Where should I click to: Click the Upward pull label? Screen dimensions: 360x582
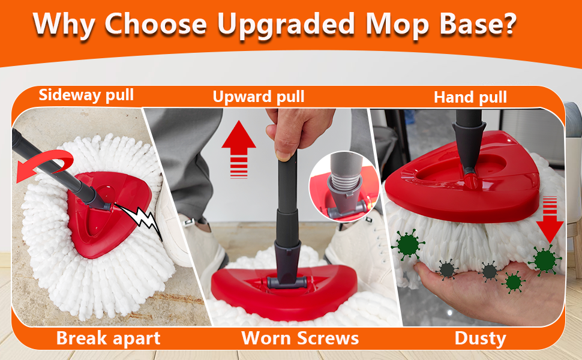(259, 96)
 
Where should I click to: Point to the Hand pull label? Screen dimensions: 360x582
(470, 97)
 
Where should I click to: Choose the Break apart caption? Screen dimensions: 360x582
(108, 338)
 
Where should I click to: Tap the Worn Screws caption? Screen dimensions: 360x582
(300, 338)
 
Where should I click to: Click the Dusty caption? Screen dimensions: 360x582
(481, 338)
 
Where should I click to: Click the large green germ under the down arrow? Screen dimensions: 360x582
(545, 260)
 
